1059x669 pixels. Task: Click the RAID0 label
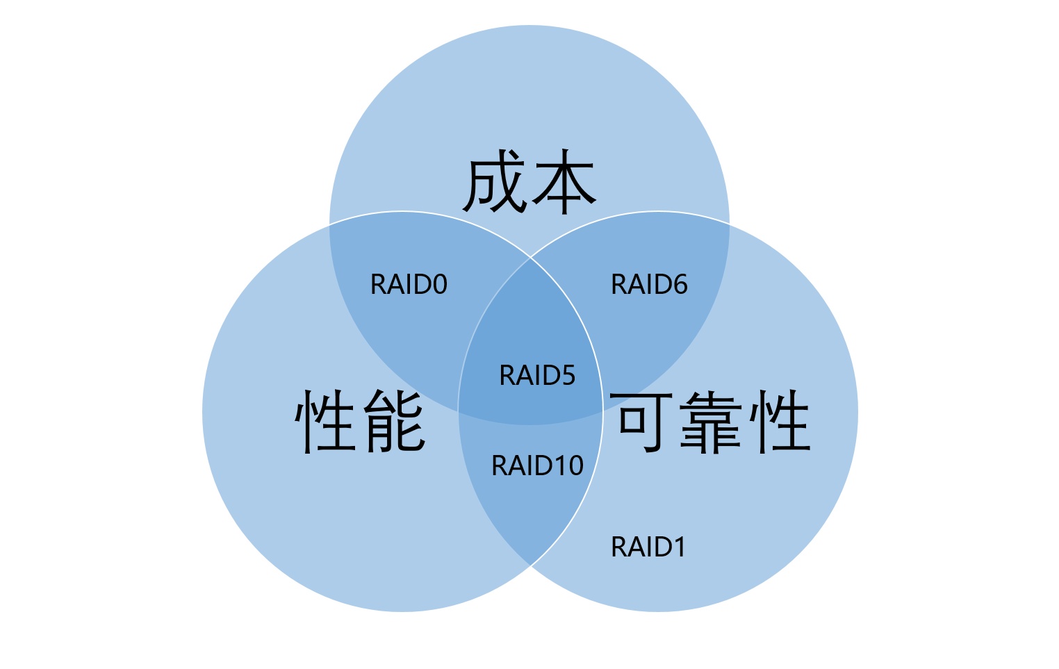[x=409, y=285]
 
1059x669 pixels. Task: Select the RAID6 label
[x=649, y=285]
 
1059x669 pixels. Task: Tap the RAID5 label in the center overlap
[x=537, y=376]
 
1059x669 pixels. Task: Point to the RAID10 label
[x=537, y=466]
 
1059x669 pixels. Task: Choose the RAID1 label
[x=648, y=547]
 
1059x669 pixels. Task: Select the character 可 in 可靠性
[x=646, y=422]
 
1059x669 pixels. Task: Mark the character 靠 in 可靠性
[x=713, y=422]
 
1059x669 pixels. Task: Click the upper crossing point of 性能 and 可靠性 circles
[x=531, y=258]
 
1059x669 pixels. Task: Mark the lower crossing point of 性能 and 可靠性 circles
[x=531, y=565]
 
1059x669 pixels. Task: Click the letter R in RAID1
[x=618, y=547]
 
